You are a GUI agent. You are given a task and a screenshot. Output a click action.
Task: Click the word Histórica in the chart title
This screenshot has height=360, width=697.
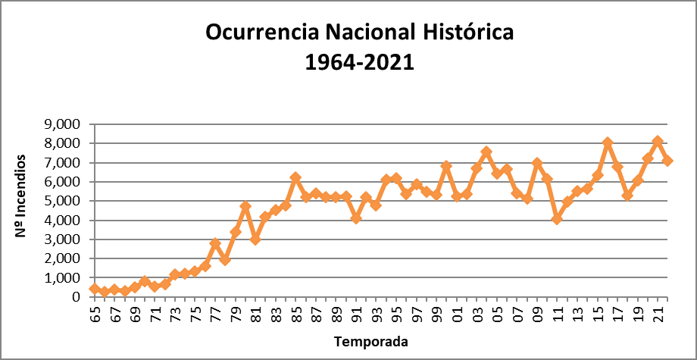point(465,33)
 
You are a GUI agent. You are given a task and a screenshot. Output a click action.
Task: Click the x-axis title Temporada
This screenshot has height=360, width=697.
point(371,342)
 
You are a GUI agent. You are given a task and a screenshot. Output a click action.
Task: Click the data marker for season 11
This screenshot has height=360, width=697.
point(557,218)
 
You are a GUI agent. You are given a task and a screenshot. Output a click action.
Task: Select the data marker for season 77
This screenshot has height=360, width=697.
point(215,243)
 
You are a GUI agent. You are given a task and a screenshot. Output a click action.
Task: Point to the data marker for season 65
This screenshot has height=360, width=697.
point(95,289)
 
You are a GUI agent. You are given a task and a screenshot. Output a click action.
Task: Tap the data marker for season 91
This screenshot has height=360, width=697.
point(356,218)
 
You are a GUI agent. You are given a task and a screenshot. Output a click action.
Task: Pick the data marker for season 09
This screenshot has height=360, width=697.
point(537,163)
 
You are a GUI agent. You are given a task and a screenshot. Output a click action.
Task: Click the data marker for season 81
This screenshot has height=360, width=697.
point(255,239)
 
